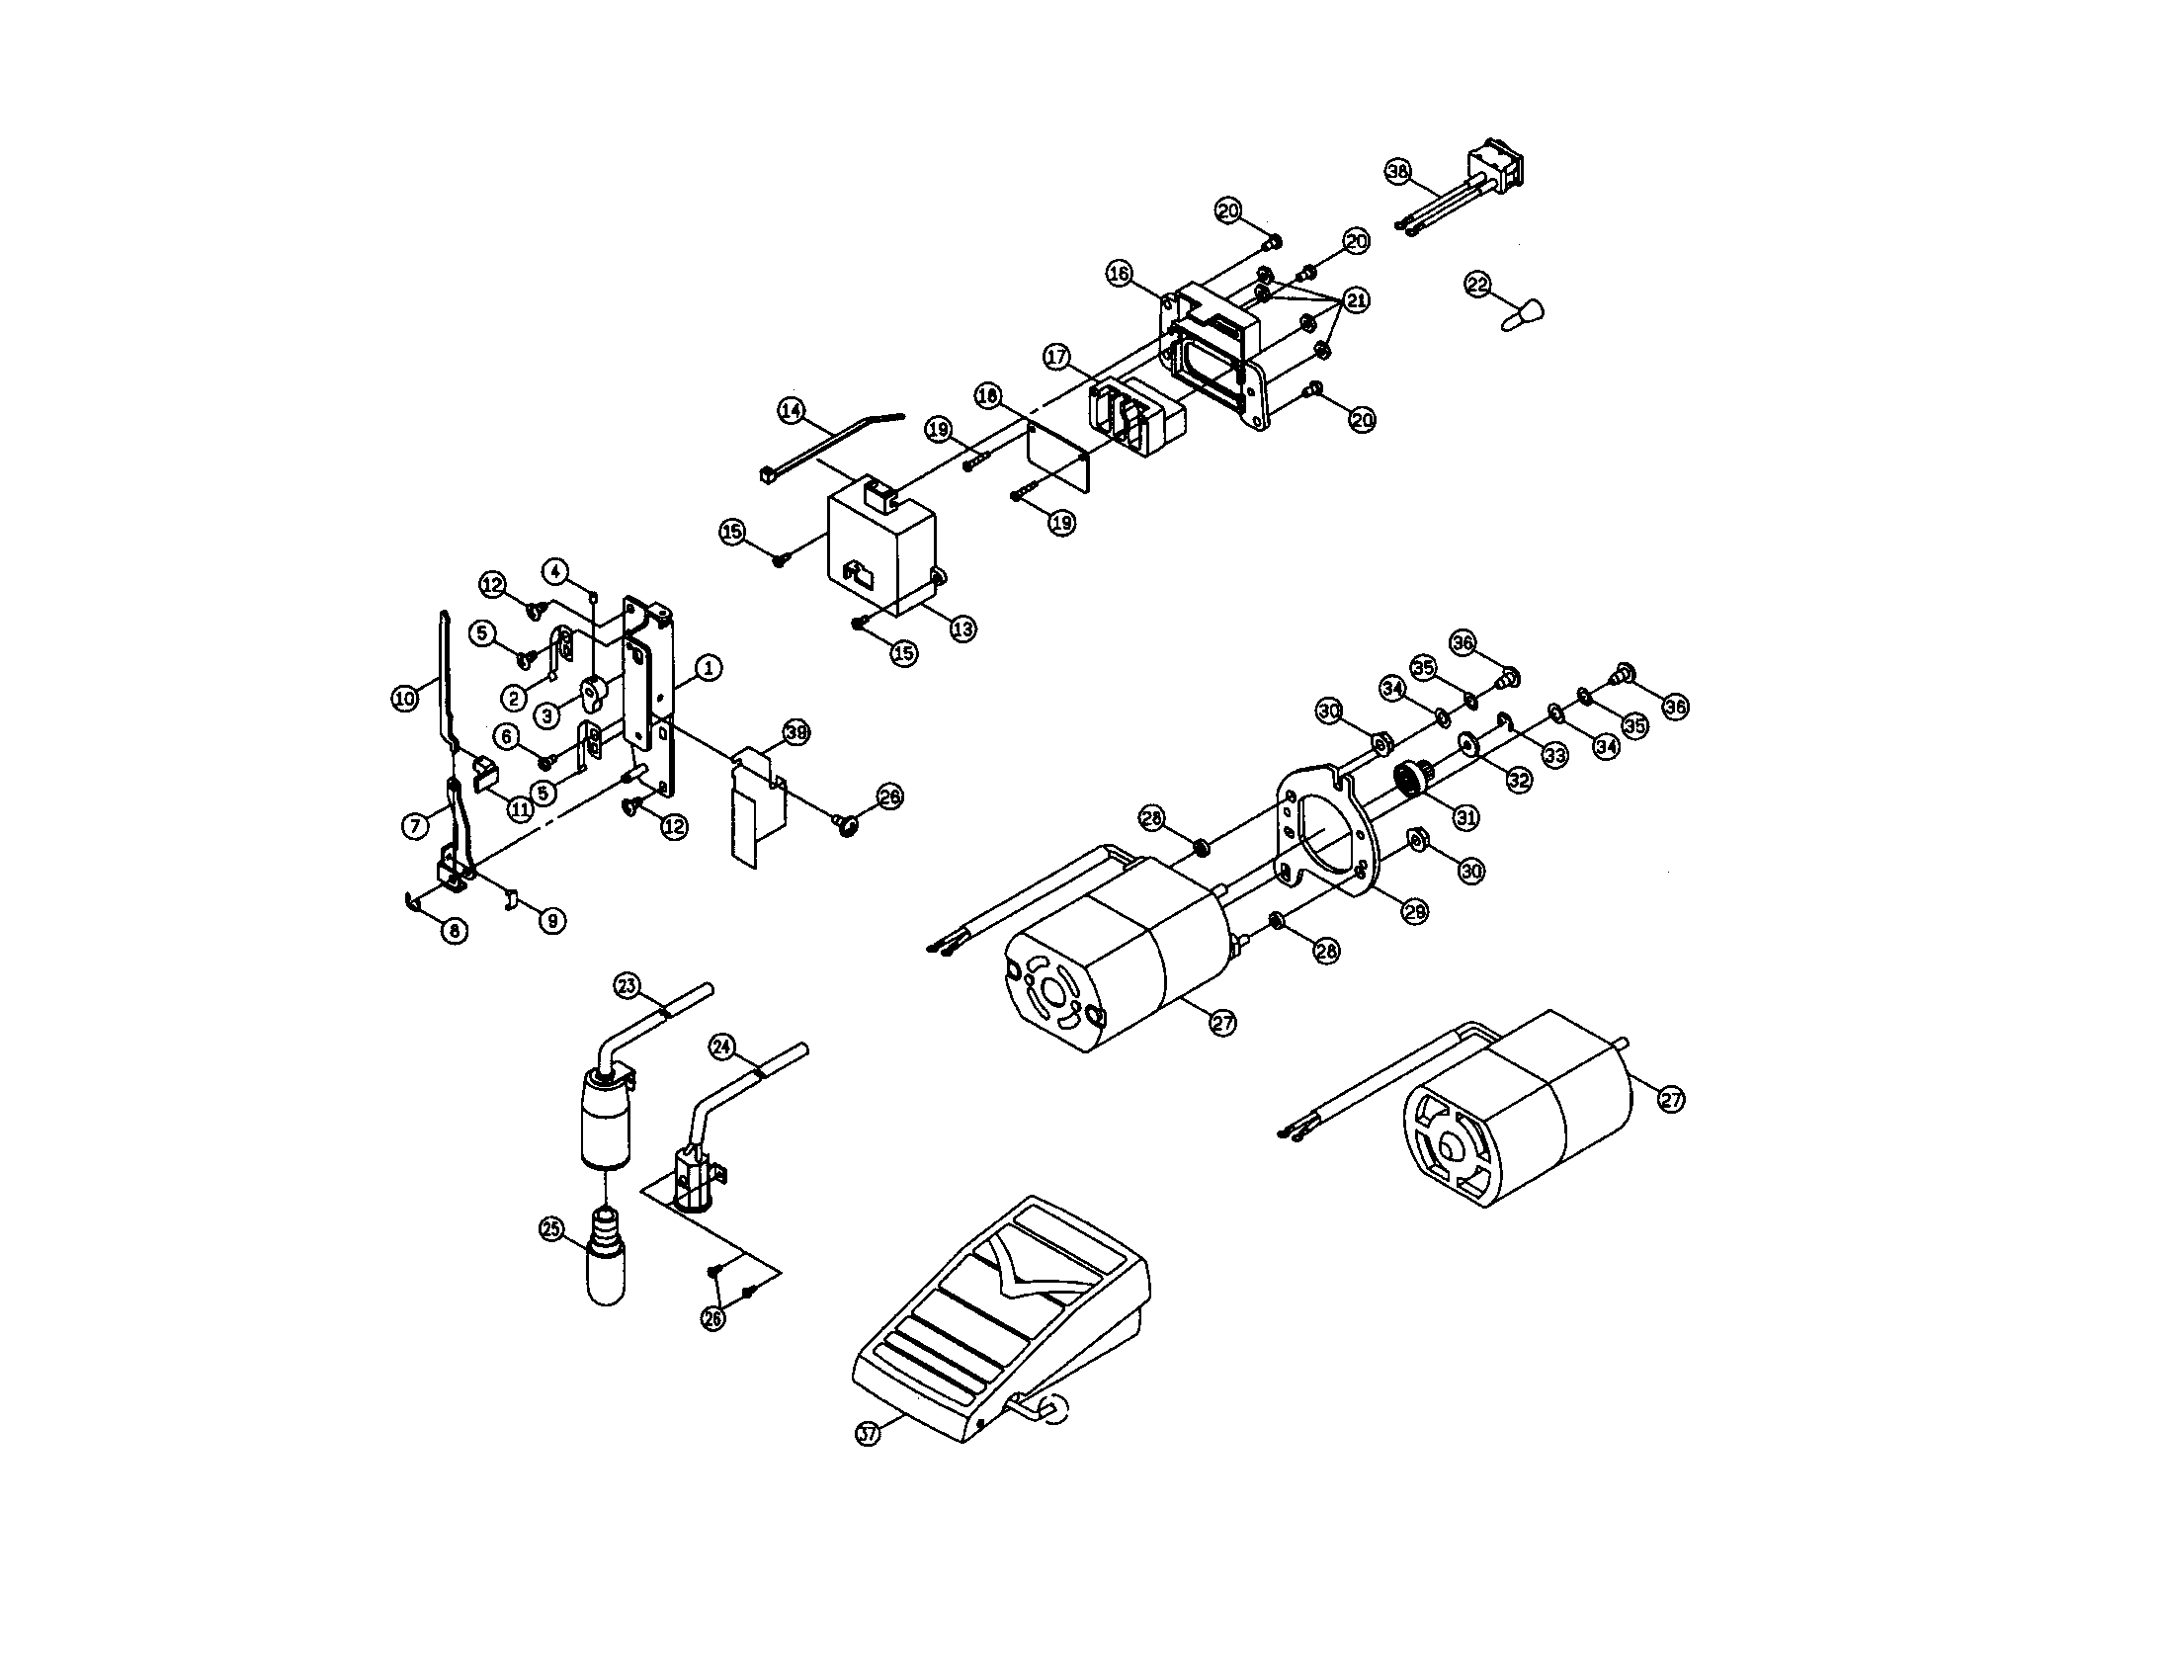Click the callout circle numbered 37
pos(869,1434)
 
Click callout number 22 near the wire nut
pos(1478,285)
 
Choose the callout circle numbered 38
pos(1399,171)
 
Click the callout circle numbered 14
pos(792,411)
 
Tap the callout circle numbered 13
pos(962,629)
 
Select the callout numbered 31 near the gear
pos(1464,817)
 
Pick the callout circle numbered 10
pos(404,699)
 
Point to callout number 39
pos(795,732)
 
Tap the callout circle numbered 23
pos(627,986)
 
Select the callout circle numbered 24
pos(722,1046)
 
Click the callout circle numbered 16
pos(1120,273)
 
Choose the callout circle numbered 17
pos(1057,356)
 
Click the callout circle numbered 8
pos(454,931)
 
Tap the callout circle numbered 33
pos(1554,755)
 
